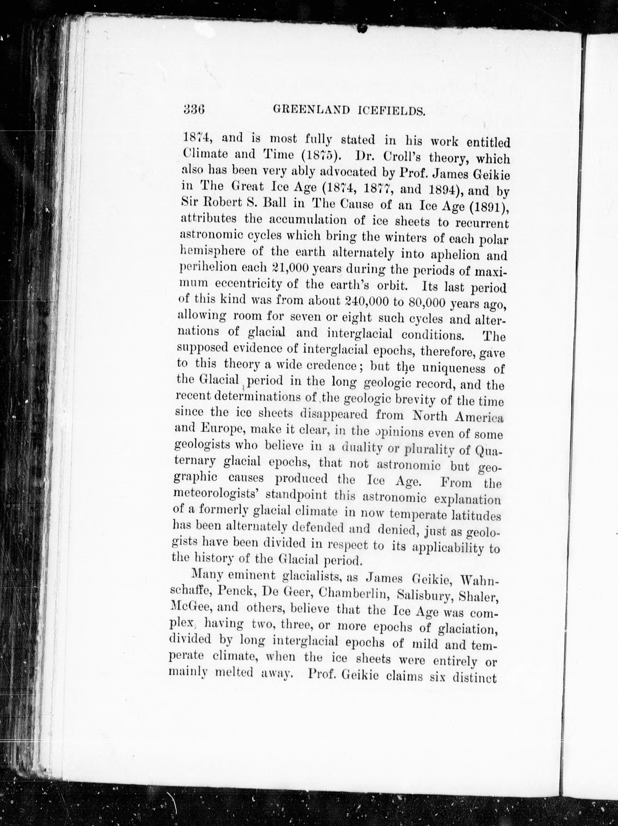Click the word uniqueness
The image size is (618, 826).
tap(454, 369)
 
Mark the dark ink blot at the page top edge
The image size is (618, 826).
tap(362, 27)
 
